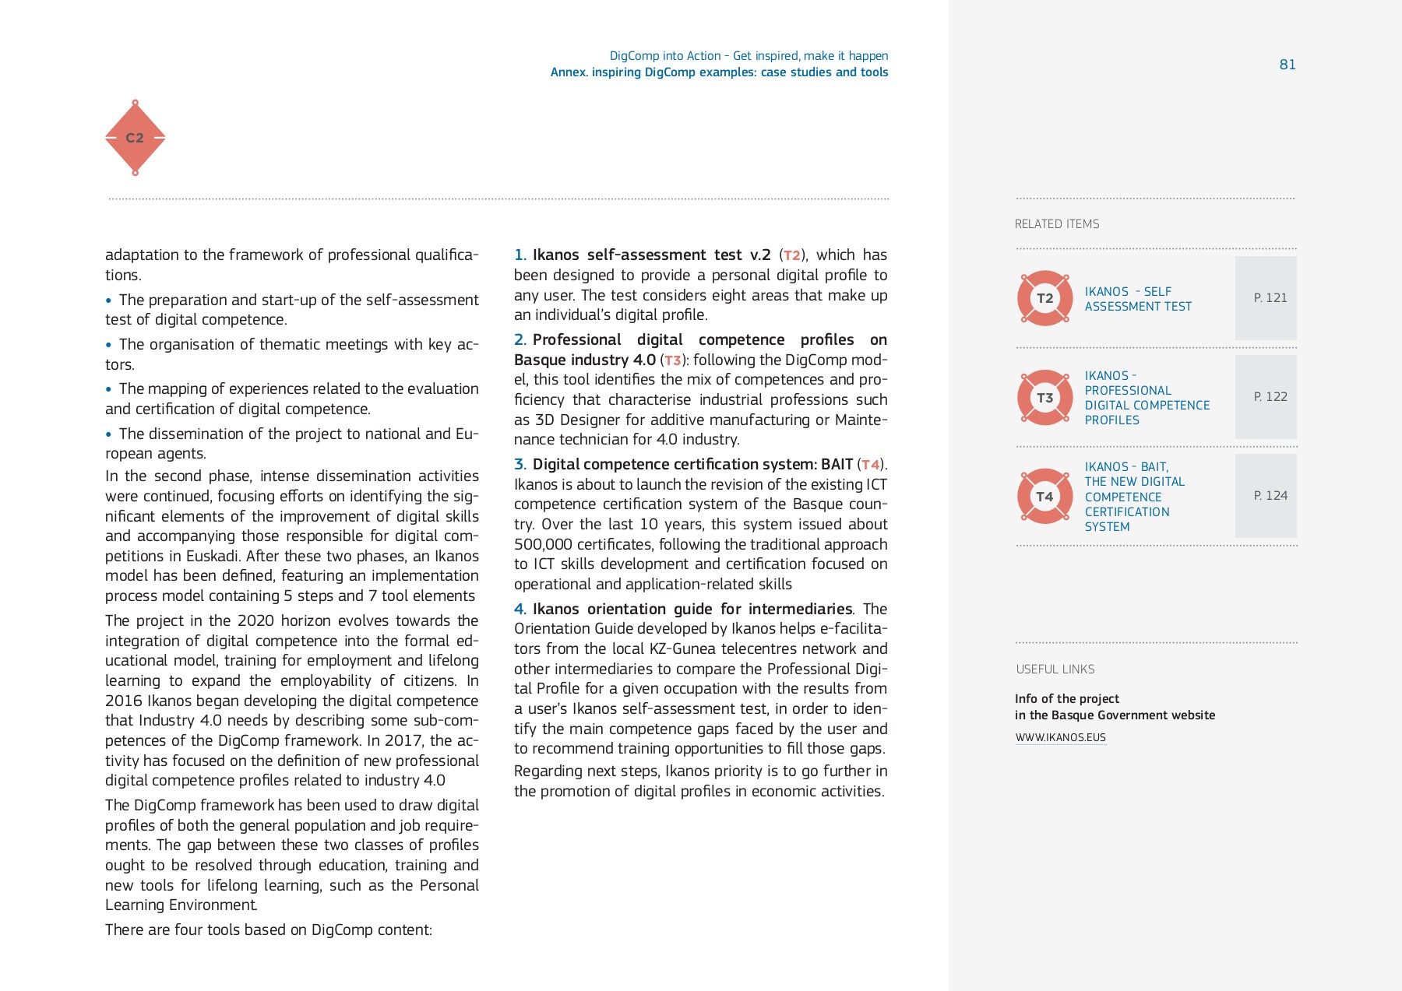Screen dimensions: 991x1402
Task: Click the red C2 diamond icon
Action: click(x=135, y=138)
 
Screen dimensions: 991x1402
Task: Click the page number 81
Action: click(x=1288, y=65)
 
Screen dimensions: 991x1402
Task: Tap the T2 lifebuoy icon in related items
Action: click(x=1044, y=298)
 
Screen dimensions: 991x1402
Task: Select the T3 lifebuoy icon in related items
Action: click(x=1044, y=398)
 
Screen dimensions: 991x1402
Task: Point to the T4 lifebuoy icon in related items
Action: click(x=1044, y=497)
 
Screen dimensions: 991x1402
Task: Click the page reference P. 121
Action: click(x=1270, y=298)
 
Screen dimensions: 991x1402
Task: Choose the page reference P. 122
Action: click(x=1270, y=397)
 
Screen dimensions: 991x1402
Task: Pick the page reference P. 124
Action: click(x=1270, y=496)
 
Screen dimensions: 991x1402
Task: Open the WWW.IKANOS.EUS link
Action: click(x=1060, y=737)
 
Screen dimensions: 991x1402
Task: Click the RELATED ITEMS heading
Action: click(x=1057, y=224)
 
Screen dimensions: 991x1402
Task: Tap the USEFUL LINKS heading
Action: click(x=1055, y=669)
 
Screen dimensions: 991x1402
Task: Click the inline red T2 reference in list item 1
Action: click(x=792, y=255)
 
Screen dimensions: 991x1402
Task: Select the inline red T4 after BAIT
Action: click(x=870, y=465)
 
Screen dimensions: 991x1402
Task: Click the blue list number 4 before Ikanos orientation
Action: click(x=520, y=609)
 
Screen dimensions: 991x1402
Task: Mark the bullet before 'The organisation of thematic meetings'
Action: click(x=108, y=345)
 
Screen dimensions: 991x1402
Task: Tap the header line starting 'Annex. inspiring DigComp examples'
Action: click(x=719, y=72)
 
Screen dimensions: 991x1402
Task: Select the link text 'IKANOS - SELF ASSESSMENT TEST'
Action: click(x=1137, y=299)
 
